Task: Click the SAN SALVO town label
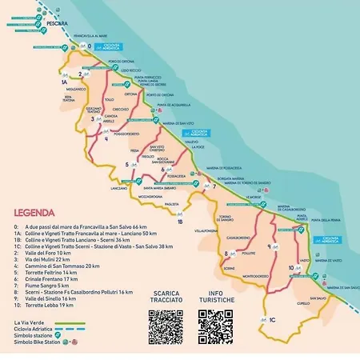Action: click(314, 297)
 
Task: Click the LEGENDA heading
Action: click(34, 214)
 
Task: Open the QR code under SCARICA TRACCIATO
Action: click(166, 326)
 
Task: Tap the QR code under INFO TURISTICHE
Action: click(215, 326)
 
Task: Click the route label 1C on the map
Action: click(272, 319)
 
